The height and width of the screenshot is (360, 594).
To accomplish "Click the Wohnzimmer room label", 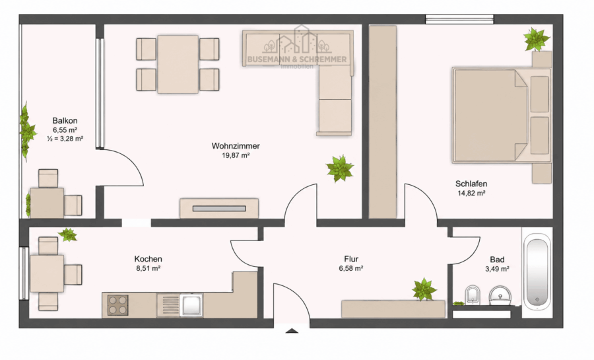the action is pos(236,146).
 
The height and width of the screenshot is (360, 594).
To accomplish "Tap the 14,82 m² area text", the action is pos(471,193).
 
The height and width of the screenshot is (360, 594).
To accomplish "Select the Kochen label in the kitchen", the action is pos(148,259).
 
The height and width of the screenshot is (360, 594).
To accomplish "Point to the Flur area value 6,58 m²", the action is pos(351,269).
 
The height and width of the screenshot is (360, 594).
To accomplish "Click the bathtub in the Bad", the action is pos(537,272).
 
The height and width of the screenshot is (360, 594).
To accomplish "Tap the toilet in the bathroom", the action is pos(472,295).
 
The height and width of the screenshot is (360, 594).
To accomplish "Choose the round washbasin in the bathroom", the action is pos(500,295).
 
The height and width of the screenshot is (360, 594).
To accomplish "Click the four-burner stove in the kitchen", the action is pos(118,305).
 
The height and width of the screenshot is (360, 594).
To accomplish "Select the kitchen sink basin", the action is pos(191,305).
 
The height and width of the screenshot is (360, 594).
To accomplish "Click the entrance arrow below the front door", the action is pos(291,330).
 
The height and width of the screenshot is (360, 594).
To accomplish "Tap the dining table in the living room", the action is pos(178,64).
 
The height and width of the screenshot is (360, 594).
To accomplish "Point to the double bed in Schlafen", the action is pos(501,115).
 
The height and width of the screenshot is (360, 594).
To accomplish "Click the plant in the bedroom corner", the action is pos(537,39).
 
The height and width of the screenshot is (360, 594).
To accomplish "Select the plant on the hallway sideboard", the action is pos(424,289).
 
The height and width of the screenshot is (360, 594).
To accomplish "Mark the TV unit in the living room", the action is pos(219,208).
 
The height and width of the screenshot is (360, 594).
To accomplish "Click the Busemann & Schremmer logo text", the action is pos(297,59).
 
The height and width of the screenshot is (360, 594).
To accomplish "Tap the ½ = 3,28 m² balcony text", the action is pos(65,139).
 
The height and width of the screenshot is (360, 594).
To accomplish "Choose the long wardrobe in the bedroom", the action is pos(383,122).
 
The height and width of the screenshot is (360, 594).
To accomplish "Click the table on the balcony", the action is pos(47,203).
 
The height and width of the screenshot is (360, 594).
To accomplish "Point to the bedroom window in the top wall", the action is pos(459,19).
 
